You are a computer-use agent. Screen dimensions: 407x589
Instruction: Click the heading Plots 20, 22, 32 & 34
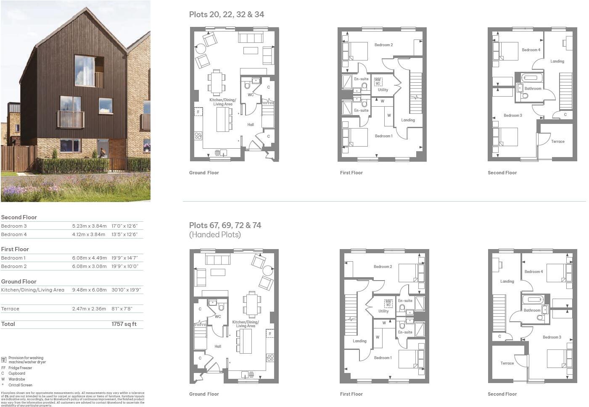click(x=227, y=14)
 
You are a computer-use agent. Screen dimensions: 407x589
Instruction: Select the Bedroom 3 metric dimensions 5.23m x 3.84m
click(x=89, y=226)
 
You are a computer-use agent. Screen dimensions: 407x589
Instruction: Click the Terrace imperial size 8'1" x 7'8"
click(x=122, y=309)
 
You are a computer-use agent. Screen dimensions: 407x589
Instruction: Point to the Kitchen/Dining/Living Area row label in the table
click(x=33, y=290)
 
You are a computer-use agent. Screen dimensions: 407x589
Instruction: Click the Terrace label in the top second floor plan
click(x=557, y=142)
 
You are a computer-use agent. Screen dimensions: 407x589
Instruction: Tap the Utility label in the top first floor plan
click(x=383, y=90)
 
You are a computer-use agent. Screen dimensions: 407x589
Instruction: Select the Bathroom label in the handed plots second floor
click(x=532, y=310)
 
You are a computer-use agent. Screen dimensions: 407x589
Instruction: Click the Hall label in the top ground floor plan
click(x=251, y=124)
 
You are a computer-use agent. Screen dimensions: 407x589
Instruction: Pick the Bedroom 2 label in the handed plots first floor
click(x=383, y=267)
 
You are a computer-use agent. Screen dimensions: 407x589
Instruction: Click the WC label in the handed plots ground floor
click(x=218, y=317)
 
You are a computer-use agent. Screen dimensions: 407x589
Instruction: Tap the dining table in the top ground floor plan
click(x=217, y=82)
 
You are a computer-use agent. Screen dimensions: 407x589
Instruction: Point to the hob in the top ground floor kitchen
click(x=198, y=136)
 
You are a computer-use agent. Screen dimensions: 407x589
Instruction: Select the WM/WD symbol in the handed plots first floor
click(x=388, y=303)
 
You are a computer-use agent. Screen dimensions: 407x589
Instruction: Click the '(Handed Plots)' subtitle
click(x=215, y=235)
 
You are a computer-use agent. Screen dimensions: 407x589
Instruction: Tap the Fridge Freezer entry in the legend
click(x=20, y=368)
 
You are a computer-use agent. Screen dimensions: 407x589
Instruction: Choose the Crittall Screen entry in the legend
click(x=20, y=385)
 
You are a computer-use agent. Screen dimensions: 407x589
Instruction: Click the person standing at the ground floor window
click(x=102, y=153)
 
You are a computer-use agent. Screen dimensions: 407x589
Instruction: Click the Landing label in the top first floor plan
click(x=408, y=120)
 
